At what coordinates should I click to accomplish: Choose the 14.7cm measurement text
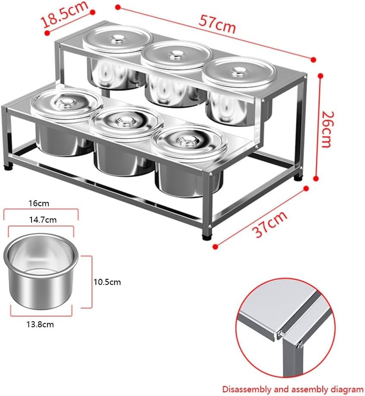[x=42, y=220]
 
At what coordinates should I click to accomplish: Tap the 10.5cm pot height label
[x=107, y=282]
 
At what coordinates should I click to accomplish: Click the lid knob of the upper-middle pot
[x=176, y=54]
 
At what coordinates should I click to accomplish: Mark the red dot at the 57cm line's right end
[x=314, y=59]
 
